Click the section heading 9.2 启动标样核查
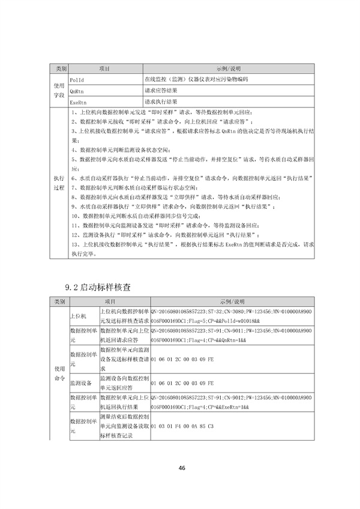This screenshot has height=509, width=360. (98, 288)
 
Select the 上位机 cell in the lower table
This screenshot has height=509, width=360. (79, 315)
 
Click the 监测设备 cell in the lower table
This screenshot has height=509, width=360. (80, 382)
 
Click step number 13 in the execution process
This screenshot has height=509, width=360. (75, 245)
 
